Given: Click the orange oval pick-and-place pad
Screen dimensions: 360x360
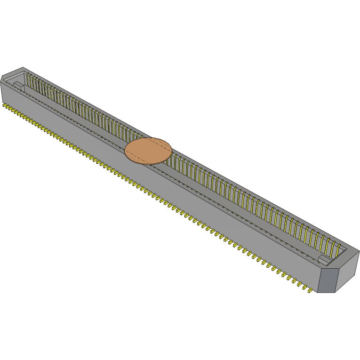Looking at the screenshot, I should tap(148, 151).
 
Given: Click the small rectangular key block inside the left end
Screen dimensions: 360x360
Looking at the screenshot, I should tap(17, 86).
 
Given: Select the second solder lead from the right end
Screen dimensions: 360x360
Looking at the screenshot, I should tap(303, 286).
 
